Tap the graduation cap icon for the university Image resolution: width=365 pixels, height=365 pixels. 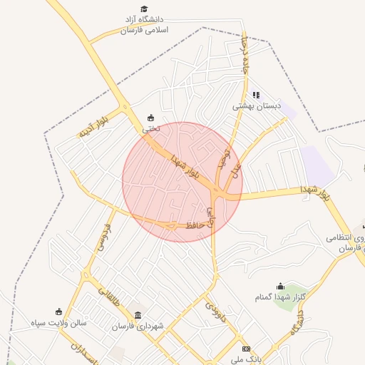click(145, 9)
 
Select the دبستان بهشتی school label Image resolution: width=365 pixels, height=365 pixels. click(257, 106)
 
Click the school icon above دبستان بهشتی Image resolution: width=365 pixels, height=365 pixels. click(256, 94)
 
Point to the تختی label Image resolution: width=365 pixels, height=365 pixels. click(150, 129)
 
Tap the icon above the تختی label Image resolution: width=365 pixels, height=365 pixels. click(150, 118)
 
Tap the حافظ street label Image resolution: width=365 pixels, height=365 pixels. click(195, 225)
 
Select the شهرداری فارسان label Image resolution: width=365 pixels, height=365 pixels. click(138, 327)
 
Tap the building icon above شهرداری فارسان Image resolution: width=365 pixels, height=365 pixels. click(138, 315)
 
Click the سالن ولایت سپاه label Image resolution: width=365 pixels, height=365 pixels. click(58, 323)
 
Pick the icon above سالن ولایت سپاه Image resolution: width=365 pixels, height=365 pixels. click(58, 312)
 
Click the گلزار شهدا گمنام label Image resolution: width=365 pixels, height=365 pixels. click(280, 297)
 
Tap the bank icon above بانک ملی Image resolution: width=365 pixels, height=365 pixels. click(246, 349)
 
